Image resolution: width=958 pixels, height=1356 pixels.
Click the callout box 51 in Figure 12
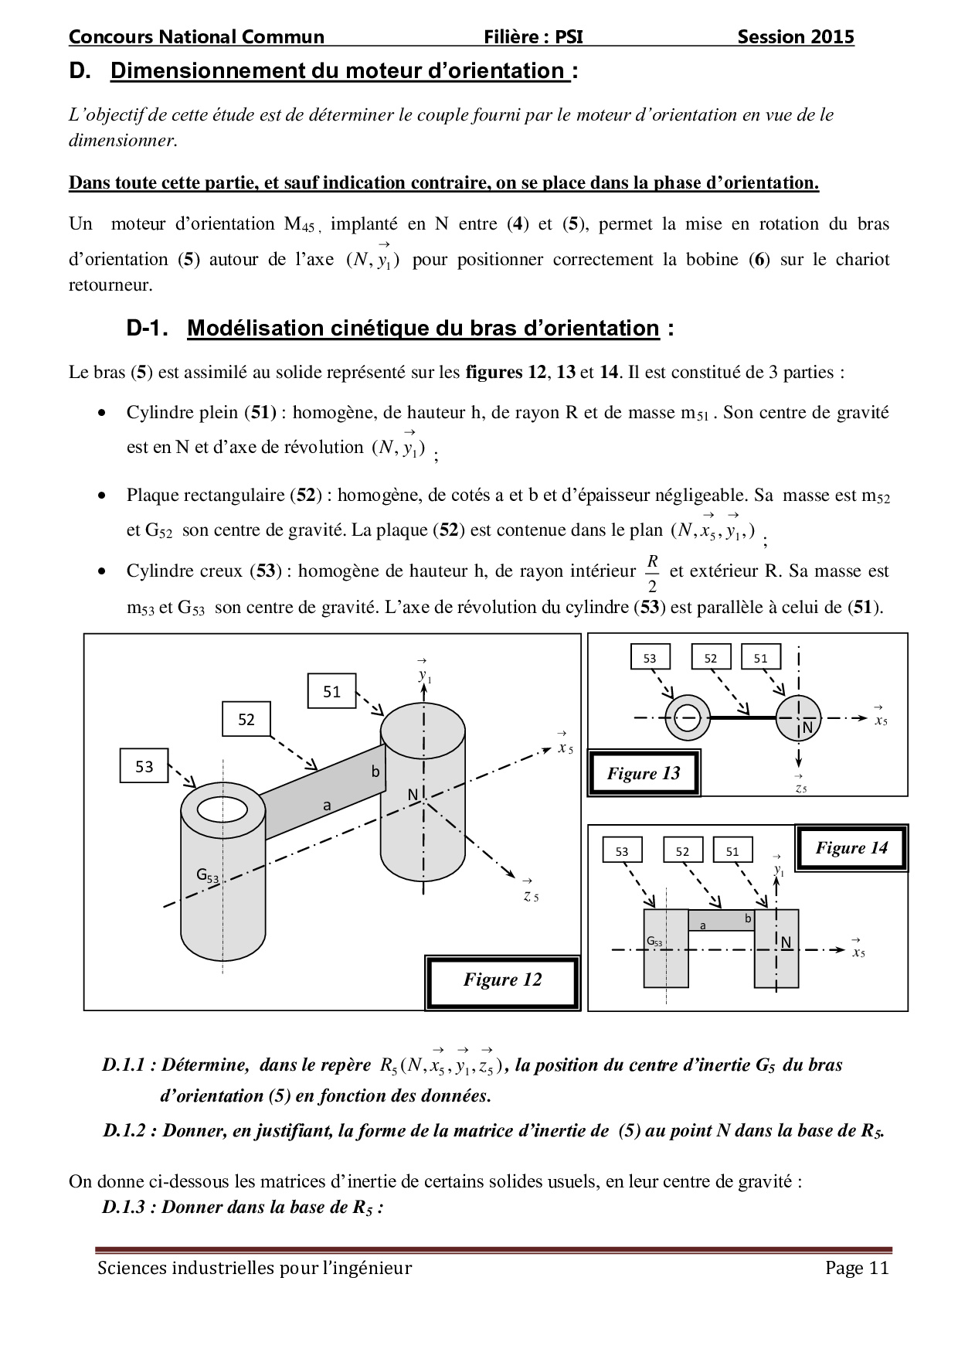tap(331, 691)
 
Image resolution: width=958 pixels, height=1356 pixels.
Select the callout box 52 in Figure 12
tap(246, 720)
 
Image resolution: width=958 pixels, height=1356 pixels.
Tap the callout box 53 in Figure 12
tap(144, 767)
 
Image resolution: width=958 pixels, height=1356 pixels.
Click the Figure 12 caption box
tap(502, 980)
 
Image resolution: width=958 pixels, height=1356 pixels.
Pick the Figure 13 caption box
tap(644, 773)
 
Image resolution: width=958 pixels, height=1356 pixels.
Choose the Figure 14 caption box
tap(851, 848)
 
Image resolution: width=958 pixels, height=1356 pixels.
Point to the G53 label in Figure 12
tap(207, 876)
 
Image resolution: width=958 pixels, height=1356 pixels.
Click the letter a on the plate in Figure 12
tap(327, 806)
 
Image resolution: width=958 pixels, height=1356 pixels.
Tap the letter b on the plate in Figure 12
tap(375, 771)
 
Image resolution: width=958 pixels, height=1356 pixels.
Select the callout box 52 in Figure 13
tap(711, 658)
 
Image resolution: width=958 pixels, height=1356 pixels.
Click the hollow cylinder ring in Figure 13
tap(687, 718)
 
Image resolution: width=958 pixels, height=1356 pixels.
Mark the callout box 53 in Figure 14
tap(622, 851)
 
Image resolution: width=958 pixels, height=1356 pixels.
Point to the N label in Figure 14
tap(786, 942)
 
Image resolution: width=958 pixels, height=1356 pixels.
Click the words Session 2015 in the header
tap(795, 37)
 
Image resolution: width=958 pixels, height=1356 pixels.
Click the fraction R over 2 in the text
tap(652, 572)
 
